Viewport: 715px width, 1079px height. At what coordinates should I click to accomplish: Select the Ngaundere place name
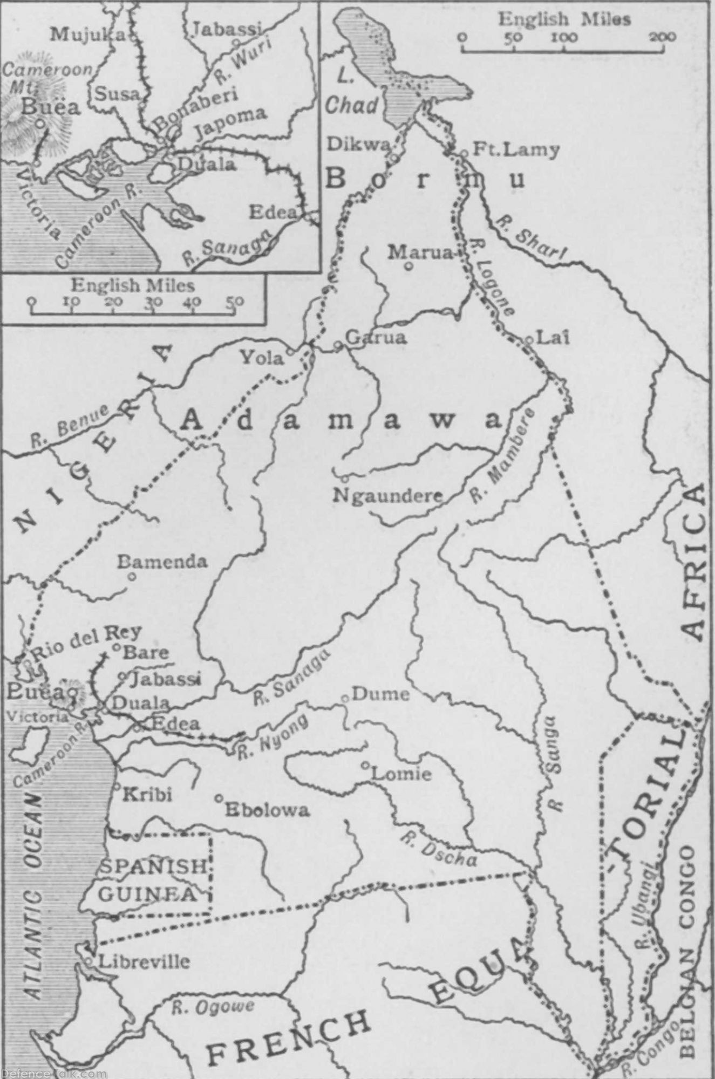[387, 495]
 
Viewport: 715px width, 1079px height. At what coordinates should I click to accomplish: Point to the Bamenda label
[162, 562]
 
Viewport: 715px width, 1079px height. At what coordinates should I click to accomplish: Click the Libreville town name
[144, 961]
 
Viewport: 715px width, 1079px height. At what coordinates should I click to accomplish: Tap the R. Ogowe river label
[213, 1007]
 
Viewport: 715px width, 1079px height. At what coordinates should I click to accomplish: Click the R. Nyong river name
[274, 737]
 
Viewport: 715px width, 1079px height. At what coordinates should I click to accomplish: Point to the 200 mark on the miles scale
[662, 37]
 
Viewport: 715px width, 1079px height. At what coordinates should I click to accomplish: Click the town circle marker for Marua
[409, 265]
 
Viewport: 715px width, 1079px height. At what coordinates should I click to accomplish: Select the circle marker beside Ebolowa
[219, 798]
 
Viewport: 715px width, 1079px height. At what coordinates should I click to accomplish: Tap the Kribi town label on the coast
[147, 794]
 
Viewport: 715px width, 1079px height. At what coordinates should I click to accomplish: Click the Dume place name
[380, 694]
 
